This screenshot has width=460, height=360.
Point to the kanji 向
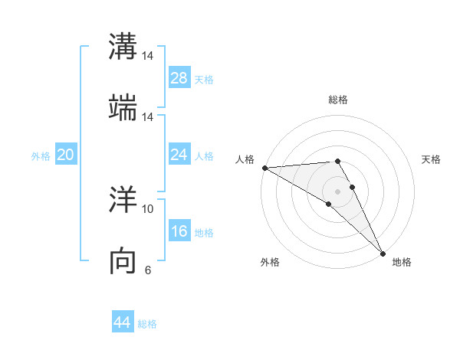[123, 260]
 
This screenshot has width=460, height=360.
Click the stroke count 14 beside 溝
[148, 56]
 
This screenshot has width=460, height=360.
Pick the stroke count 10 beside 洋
[148, 208]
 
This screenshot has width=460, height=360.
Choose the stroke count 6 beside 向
[148, 270]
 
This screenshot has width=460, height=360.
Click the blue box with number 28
[179, 78]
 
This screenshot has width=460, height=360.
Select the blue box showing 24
[179, 155]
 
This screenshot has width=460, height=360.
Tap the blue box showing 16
[179, 232]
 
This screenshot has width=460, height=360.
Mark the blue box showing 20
[66, 155]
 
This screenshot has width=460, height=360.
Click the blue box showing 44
[123, 322]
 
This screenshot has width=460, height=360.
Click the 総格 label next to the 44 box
[147, 324]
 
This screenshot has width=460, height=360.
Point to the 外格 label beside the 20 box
[41, 156]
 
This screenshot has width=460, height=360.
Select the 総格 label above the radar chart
[338, 100]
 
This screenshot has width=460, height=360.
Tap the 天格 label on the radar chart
[432, 159]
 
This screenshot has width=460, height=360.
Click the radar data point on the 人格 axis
[264, 168]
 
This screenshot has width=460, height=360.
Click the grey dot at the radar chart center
[338, 191]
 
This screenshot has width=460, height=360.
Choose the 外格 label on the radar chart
[270, 262]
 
